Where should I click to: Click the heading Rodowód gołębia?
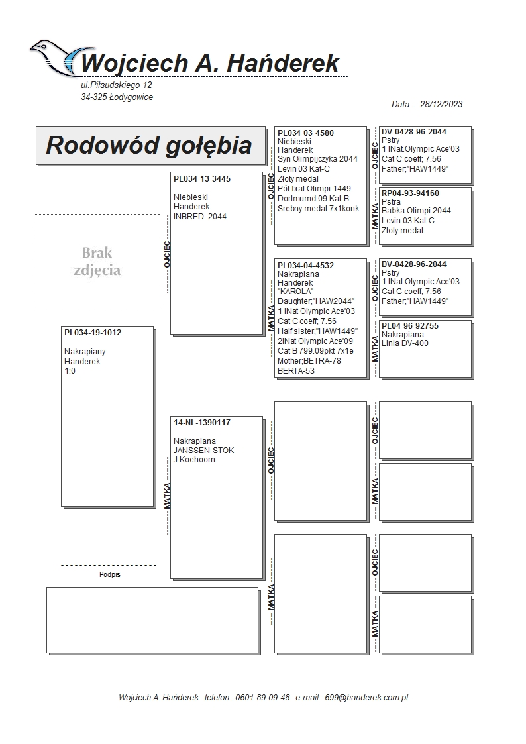148,145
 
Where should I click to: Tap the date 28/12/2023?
441,104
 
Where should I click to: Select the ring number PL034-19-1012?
93,333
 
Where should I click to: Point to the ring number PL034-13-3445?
202,179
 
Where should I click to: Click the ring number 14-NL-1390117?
202,422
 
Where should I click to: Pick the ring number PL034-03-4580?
305,133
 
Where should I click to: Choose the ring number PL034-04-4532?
305,266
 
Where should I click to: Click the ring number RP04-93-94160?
410,193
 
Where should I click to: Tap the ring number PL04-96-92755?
410,326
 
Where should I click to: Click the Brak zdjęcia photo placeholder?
97,262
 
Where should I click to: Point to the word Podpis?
110,575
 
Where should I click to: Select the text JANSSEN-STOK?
203,451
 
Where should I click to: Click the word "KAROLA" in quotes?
295,292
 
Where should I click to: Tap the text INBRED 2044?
199,217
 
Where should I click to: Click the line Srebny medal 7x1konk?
318,209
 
